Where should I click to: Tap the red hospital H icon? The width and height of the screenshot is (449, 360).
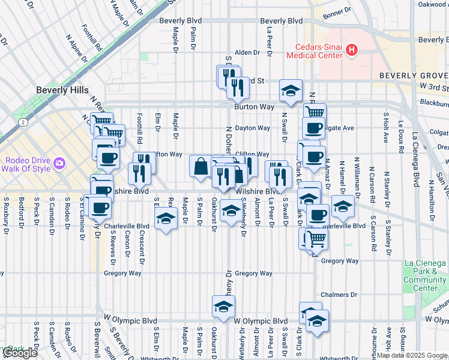pos(352,51)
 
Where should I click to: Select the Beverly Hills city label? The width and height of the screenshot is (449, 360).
pos(62,89)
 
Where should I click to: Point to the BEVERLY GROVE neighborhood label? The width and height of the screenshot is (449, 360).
pos(413,76)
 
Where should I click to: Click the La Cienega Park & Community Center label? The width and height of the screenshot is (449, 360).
pos(425,275)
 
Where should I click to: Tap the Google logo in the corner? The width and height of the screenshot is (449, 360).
pos(20,353)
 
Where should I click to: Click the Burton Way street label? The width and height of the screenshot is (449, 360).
pos(255,107)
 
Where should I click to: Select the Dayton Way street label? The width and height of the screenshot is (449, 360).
pos(252,128)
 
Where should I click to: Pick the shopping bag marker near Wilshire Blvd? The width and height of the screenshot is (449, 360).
pos(200,167)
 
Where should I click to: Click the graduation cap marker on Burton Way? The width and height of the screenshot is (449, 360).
pos(291,91)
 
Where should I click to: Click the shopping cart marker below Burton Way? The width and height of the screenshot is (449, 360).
pos(315,114)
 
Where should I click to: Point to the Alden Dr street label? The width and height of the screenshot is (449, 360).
pos(247,52)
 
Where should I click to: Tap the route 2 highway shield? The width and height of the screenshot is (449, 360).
pos(22,122)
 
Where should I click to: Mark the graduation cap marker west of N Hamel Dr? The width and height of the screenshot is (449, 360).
pos(343,207)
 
